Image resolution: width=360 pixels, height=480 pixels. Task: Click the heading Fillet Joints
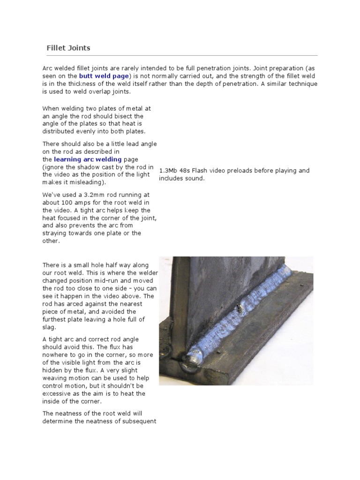point(68,48)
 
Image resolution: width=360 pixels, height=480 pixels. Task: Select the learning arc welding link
point(88,159)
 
